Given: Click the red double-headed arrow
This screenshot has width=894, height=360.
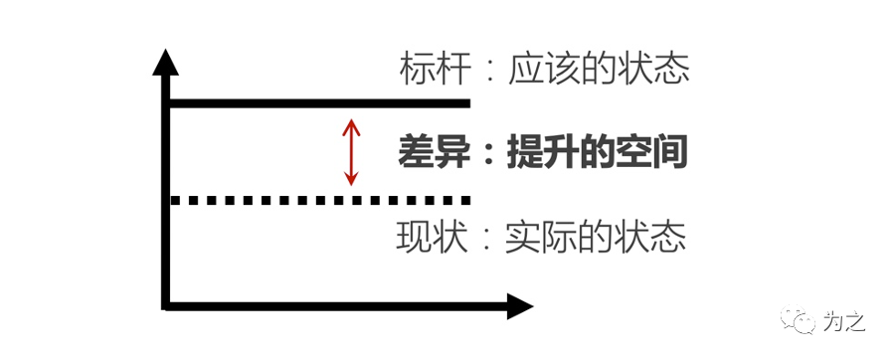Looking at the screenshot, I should [x=350, y=152].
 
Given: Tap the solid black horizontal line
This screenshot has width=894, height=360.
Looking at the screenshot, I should [x=318, y=103].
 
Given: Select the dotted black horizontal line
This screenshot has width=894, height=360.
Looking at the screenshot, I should [x=318, y=200].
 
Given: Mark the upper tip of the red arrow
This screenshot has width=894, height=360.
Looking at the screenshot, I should [x=350, y=120].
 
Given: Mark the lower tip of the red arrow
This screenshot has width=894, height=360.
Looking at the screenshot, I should [x=350, y=184].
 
